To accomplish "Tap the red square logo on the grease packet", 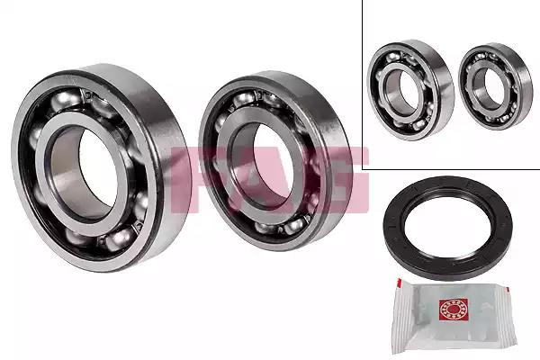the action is point(454,310).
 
